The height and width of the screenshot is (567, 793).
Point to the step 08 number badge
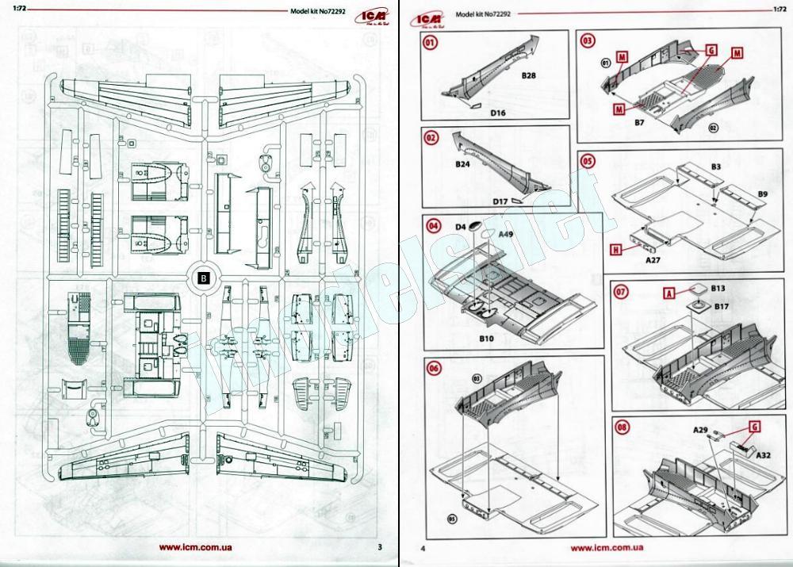pos(623,427)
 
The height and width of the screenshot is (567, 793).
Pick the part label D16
pos(498,113)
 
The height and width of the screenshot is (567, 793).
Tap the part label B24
pos(463,164)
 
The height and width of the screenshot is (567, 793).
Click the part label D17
pos(500,201)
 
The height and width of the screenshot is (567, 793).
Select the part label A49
pos(505,234)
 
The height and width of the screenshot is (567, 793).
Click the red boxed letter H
pos(615,248)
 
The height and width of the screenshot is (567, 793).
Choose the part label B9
pos(762,193)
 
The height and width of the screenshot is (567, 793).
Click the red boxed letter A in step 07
pos(668,292)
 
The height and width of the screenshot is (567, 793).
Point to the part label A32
pos(763,455)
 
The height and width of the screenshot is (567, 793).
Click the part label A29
pos(700,430)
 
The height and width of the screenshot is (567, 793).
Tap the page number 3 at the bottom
pos(380,546)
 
